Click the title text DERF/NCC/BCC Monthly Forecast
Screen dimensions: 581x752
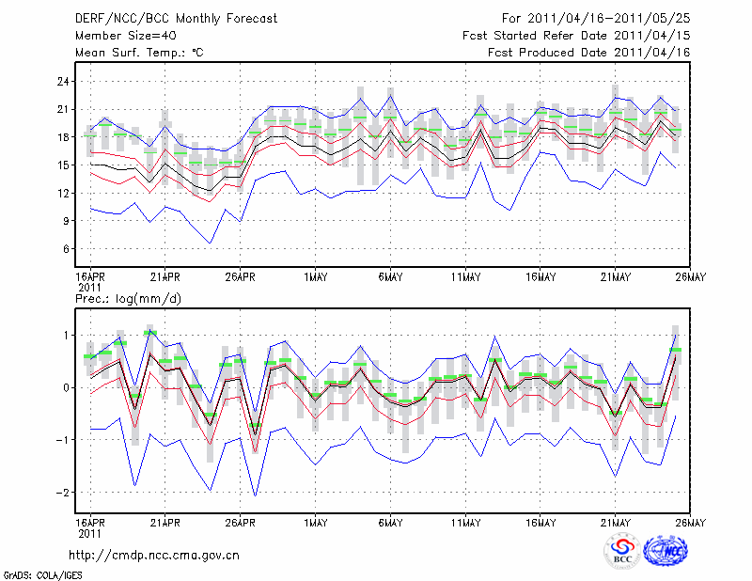coord(168,18)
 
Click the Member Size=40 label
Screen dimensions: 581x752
coord(121,35)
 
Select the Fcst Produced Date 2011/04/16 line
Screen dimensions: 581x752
coord(589,53)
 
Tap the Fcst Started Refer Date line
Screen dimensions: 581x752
coord(576,35)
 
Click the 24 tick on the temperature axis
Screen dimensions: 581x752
coord(64,82)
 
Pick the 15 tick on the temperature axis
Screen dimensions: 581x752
coord(64,165)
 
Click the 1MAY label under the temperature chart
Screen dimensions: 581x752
coord(316,277)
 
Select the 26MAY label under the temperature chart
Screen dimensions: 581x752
coord(691,277)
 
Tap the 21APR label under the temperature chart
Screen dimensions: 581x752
coord(164,277)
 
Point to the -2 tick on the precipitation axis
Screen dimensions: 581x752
coord(64,493)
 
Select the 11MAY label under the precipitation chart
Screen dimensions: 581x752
coord(465,523)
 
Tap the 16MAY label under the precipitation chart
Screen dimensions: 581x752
coord(540,523)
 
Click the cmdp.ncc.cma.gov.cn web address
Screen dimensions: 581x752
coord(154,555)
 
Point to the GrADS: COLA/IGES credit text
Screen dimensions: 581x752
coord(42,573)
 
